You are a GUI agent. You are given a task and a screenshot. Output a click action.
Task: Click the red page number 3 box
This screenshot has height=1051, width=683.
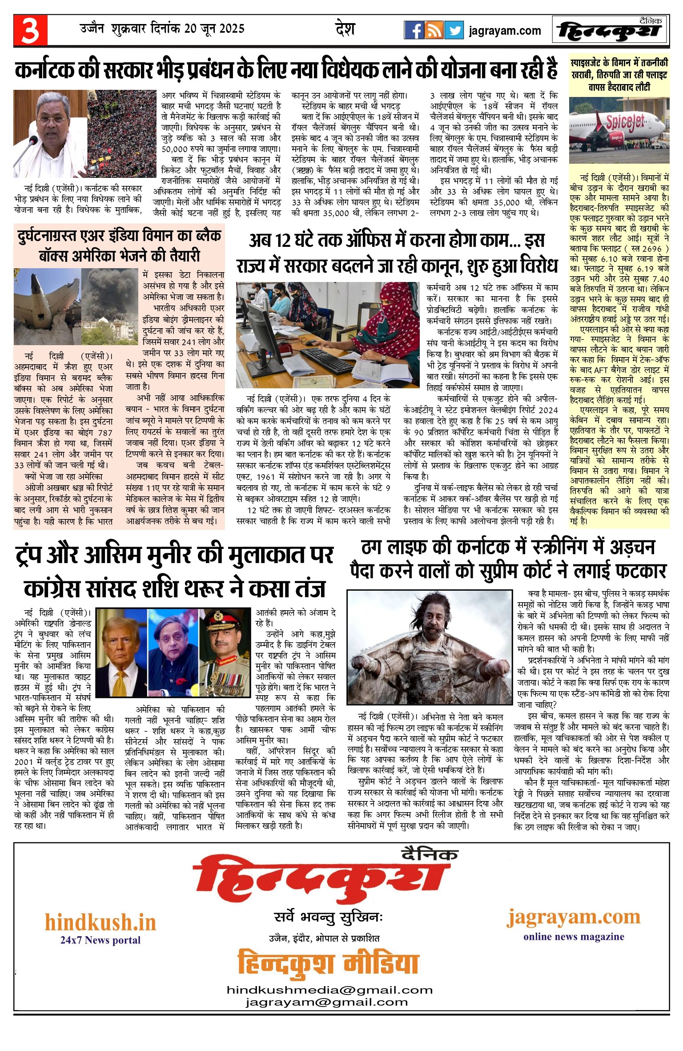(x=30, y=30)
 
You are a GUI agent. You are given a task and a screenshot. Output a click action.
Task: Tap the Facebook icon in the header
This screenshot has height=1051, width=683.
(x=414, y=30)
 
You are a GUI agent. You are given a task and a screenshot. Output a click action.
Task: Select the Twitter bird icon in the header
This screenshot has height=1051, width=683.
(x=454, y=30)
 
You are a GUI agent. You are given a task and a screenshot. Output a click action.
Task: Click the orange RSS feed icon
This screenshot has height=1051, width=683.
(x=434, y=30)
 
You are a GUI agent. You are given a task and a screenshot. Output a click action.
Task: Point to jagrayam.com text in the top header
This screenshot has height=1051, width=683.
(x=505, y=31)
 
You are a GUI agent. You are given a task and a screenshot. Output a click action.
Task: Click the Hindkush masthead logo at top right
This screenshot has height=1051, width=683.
(x=610, y=31)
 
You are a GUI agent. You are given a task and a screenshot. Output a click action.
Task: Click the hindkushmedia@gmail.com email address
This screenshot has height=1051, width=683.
(x=329, y=990)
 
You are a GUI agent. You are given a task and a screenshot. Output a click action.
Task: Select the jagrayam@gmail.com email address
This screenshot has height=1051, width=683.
(x=326, y=1002)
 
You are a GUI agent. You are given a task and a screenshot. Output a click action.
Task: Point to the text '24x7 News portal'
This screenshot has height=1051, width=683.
(x=100, y=940)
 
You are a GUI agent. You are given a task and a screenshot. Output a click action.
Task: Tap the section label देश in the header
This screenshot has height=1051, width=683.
(x=345, y=29)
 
